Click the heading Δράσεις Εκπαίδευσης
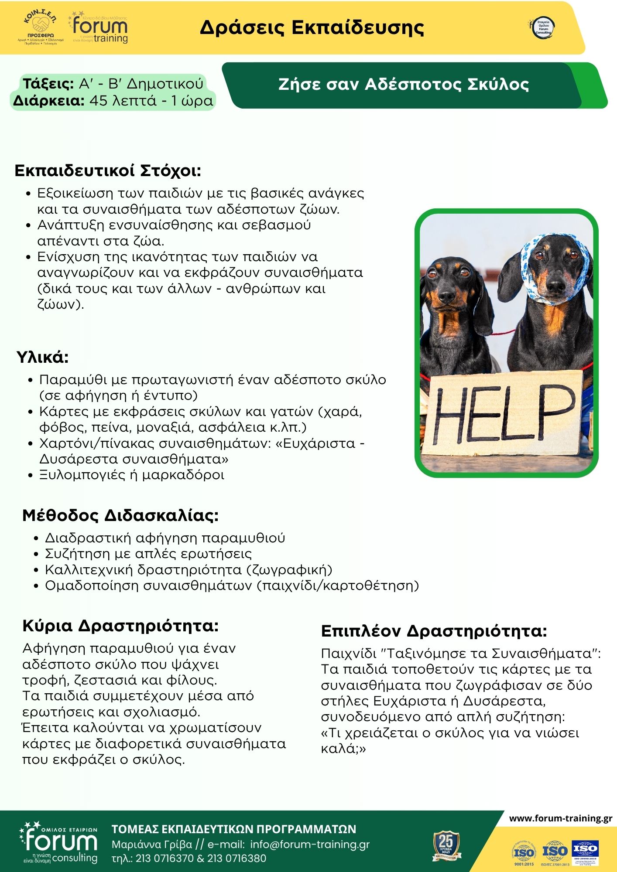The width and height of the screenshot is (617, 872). tap(312, 27)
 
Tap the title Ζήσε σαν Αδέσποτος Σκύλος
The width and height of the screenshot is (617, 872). tap(403, 84)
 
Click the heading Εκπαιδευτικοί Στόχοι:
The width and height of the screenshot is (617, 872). tap(108, 170)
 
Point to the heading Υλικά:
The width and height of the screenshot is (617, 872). tap(43, 357)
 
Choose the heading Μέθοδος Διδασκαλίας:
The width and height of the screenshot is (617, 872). tap(120, 515)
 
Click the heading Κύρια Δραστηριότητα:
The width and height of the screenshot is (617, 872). tap(120, 626)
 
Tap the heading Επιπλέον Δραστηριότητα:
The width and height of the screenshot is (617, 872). tap(434, 631)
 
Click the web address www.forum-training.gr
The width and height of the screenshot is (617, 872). tap(560, 818)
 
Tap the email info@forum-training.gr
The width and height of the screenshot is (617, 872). tap(310, 844)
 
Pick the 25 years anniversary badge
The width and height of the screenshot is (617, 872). tap(446, 845)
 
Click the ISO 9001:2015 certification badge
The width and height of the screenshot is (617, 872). tap(524, 852)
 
